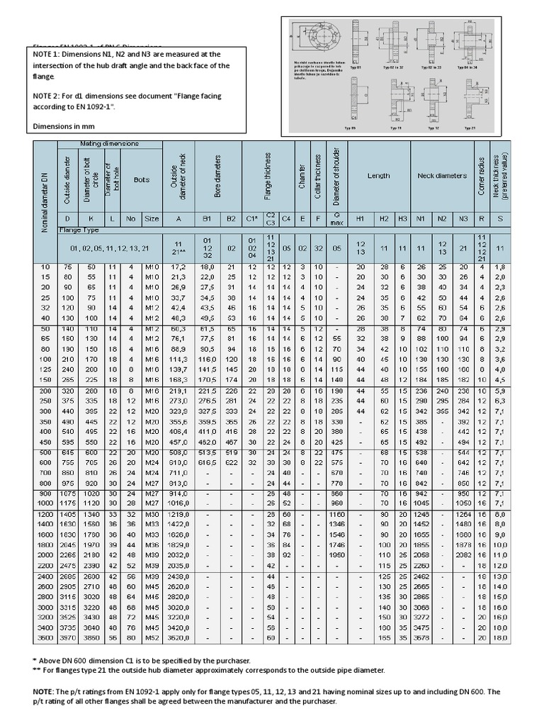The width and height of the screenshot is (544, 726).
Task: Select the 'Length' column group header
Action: pos(378,176)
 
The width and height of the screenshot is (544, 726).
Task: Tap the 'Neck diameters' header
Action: pos(442,176)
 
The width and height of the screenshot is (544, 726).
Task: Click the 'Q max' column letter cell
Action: pos(336,219)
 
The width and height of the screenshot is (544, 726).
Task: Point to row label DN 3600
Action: pos(45,640)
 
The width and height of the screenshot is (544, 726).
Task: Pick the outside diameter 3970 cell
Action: pos(69,640)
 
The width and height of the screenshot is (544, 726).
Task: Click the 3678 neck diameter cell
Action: pos(421,640)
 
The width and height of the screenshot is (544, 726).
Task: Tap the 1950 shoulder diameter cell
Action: pos(336,554)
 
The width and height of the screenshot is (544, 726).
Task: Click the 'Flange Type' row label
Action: pos(79,230)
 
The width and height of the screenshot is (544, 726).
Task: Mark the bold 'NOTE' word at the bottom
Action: pos(43,691)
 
